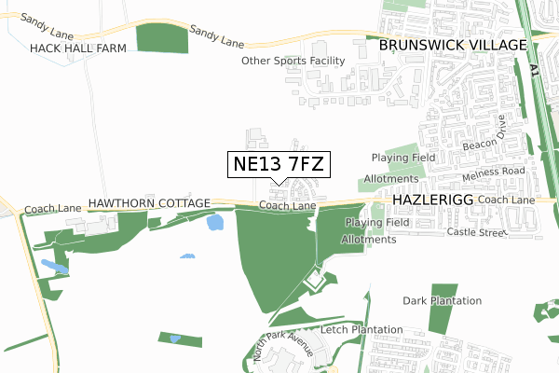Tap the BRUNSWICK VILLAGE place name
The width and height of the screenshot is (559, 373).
point(452,44)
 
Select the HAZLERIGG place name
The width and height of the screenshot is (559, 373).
point(436,200)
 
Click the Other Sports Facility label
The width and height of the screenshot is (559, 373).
point(293,61)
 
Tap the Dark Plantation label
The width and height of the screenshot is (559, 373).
point(442,300)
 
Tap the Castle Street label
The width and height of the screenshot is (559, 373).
point(474,231)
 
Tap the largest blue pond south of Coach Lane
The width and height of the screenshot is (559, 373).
point(214,223)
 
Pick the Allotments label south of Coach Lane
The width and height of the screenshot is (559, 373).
point(369,240)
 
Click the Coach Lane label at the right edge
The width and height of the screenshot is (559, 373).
point(509,200)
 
